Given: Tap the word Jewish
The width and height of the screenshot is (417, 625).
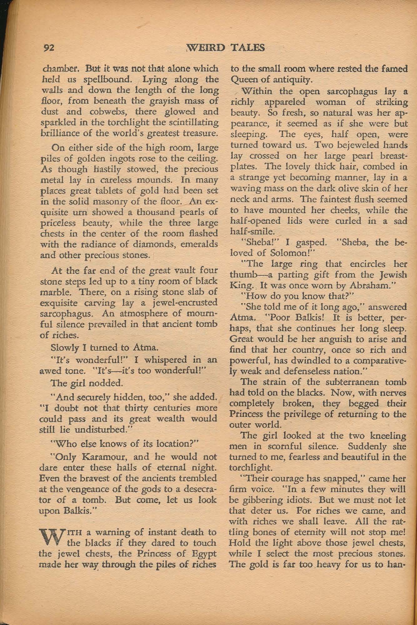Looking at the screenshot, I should [393, 275].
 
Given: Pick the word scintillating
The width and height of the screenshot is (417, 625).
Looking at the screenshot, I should [191, 123].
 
